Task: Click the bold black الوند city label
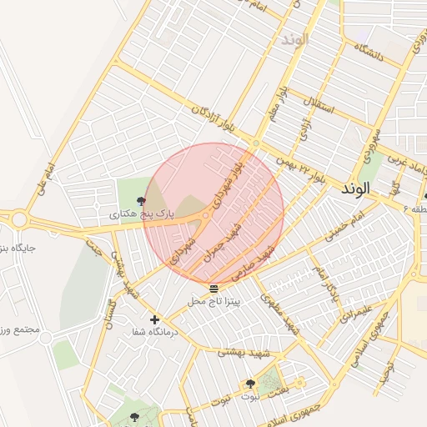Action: click(x=354, y=189)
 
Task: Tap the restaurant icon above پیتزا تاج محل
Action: click(x=213, y=288)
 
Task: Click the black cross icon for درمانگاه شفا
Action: click(x=153, y=319)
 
